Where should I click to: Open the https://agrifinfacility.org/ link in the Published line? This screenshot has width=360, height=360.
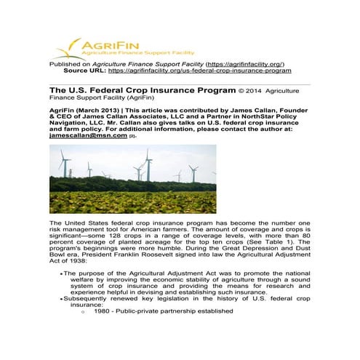point(244,64)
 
